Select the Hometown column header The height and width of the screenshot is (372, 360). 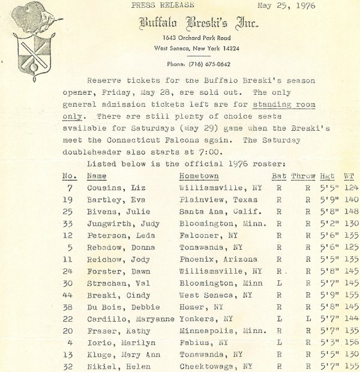coord(199,176)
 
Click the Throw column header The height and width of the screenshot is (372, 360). coord(303,176)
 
